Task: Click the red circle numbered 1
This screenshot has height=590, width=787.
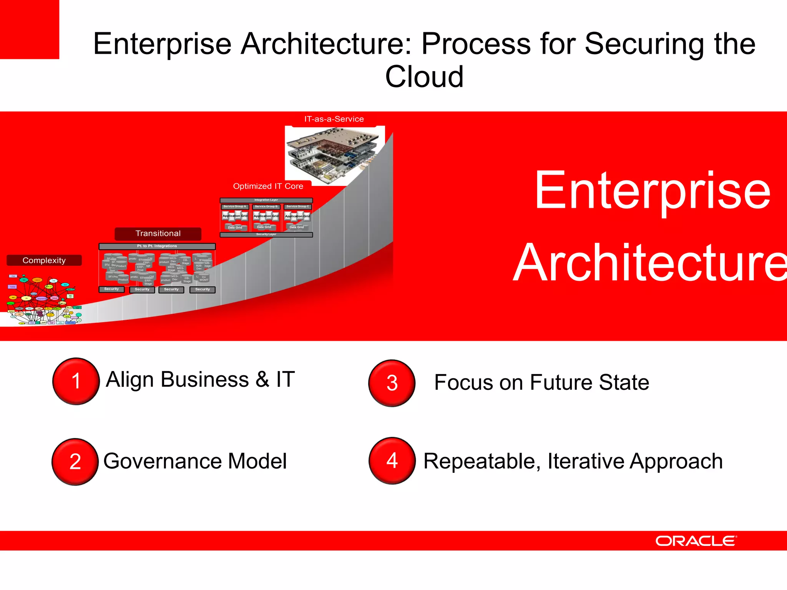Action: [x=76, y=381]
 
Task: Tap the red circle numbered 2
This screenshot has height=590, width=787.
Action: [x=75, y=461]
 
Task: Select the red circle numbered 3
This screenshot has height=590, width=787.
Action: [x=392, y=383]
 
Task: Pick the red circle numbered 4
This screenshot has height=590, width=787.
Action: [x=392, y=461]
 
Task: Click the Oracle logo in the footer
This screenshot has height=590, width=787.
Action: [x=696, y=541]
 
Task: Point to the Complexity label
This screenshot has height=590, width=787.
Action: [x=44, y=260]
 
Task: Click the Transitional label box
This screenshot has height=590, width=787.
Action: [x=158, y=234]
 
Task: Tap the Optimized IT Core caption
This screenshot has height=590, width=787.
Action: [x=268, y=186]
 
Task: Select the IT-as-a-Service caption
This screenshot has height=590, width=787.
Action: [x=334, y=119]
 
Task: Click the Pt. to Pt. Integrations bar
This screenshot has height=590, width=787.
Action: [x=157, y=246]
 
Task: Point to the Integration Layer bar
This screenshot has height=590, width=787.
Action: [x=266, y=200]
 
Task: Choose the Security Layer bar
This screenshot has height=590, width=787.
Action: [x=266, y=234]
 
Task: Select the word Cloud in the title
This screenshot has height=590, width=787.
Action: [x=424, y=76]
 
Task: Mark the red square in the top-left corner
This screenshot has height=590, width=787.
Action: [x=29, y=29]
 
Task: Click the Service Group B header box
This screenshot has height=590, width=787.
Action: [x=266, y=207]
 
